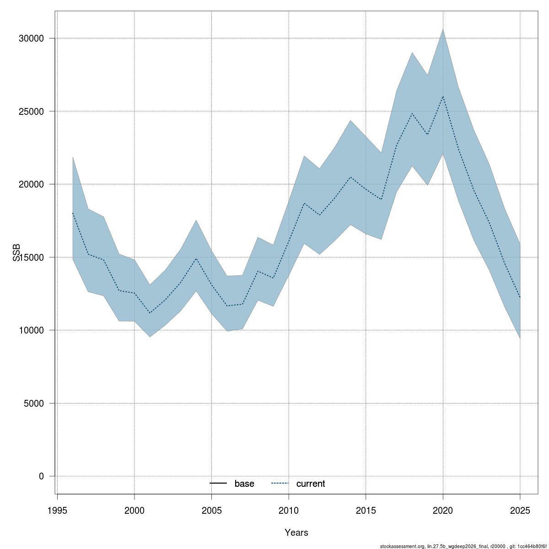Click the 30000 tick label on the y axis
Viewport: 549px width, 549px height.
(x=31, y=38)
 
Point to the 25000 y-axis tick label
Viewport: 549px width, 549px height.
(x=31, y=111)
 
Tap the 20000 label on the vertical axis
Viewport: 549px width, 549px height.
(x=31, y=184)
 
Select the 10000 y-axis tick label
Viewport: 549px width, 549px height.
(x=31, y=330)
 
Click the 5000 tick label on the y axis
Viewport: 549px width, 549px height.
(x=33, y=404)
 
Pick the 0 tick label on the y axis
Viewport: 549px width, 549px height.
(x=41, y=476)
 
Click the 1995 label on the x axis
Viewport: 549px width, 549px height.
(x=58, y=511)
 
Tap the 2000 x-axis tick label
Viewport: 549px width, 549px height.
(x=135, y=511)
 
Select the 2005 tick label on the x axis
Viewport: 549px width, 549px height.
(x=212, y=511)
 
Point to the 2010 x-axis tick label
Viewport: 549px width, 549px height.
(x=289, y=511)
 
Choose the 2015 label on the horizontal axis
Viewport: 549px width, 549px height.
(x=366, y=511)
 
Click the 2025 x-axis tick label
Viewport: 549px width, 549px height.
(x=520, y=511)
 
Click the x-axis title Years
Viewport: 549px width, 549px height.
(x=296, y=533)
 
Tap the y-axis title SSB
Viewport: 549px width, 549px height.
(x=16, y=253)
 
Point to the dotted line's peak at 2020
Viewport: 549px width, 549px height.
(x=443, y=96)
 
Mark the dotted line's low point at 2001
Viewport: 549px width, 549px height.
(x=150, y=313)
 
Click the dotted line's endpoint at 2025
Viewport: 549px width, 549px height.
(x=520, y=297)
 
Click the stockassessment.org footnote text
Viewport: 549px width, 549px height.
(x=463, y=546)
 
